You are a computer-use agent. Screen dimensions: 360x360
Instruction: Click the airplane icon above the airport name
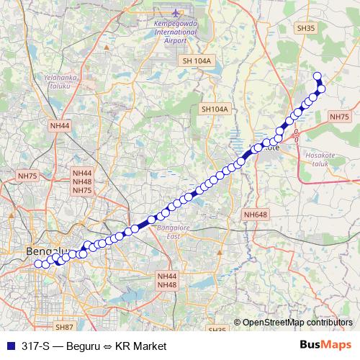[178, 14]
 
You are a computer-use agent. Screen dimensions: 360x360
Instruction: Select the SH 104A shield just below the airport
[197, 61]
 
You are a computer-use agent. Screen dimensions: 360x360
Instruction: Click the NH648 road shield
[256, 215]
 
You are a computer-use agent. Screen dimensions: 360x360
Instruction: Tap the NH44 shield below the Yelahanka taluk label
[60, 125]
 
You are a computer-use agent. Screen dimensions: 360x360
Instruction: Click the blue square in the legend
[9, 346]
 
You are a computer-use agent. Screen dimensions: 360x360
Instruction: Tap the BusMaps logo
[325, 345]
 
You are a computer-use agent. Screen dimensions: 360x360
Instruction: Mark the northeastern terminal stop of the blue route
[317, 76]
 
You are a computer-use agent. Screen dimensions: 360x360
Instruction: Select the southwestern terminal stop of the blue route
[38, 263]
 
